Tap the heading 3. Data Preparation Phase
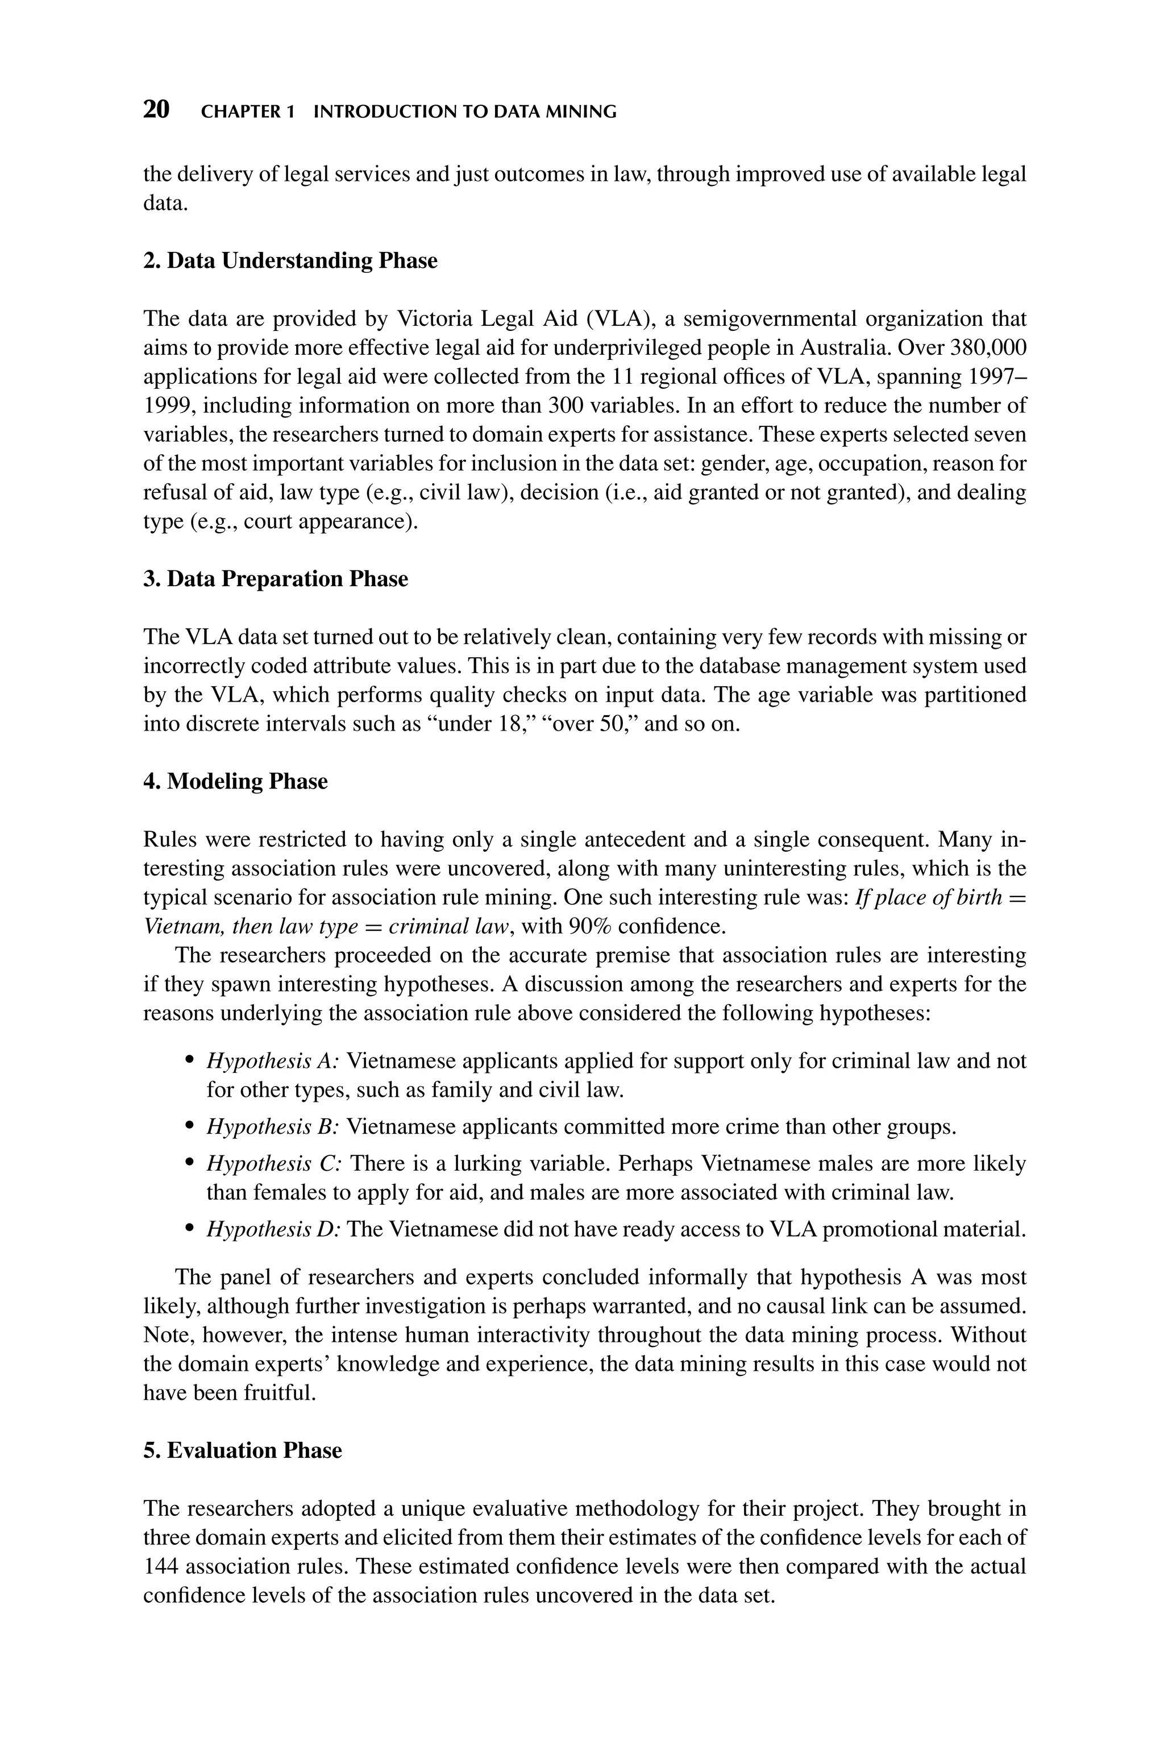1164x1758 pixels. click(x=276, y=578)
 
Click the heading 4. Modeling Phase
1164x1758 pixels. click(x=235, y=781)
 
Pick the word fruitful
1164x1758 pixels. click(x=281, y=1393)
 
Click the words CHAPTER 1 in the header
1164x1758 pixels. click(x=247, y=112)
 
